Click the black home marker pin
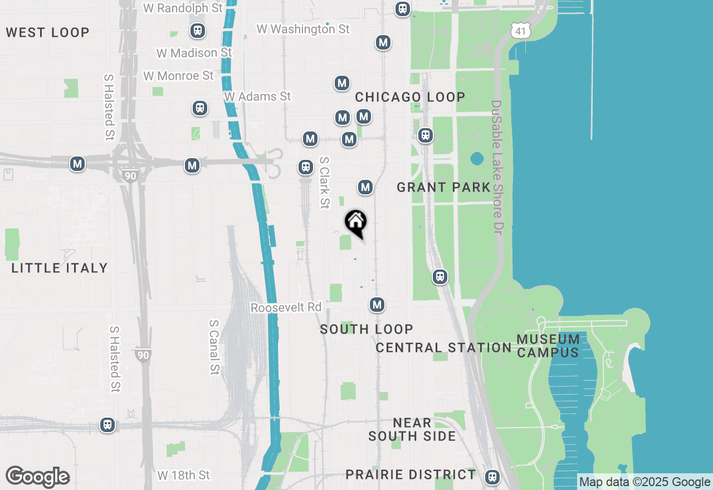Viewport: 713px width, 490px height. click(x=356, y=223)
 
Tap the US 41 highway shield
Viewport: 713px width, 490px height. click(x=520, y=31)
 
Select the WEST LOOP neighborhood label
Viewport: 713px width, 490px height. click(x=48, y=32)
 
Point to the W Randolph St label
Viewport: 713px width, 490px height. click(x=183, y=8)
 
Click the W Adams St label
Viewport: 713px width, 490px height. click(x=257, y=96)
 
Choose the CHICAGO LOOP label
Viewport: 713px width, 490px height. click(x=410, y=97)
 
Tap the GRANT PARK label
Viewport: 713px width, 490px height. click(x=443, y=187)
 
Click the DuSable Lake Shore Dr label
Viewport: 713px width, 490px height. click(x=496, y=167)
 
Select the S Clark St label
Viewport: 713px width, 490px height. click(x=324, y=183)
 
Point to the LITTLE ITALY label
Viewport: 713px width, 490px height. click(x=60, y=268)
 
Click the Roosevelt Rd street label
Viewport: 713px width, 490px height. click(x=286, y=307)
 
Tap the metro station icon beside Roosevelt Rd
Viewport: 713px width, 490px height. click(x=377, y=305)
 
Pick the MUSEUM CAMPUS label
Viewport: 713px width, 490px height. click(x=548, y=346)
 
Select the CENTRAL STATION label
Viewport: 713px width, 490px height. click(x=443, y=348)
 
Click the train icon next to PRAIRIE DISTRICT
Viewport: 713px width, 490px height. click(x=492, y=477)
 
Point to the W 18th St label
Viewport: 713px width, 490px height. click(x=183, y=475)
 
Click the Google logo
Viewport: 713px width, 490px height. click(x=38, y=477)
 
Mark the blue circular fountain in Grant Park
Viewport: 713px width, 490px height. click(x=477, y=159)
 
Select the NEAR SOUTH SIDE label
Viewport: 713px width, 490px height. click(x=412, y=429)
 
